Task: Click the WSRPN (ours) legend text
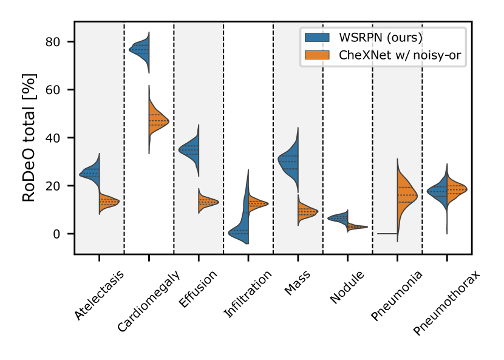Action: tap(381, 37)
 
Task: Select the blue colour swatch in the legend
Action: tap(318, 37)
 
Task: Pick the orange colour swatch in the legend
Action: tap(318, 56)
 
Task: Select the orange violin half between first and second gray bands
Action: tap(157, 119)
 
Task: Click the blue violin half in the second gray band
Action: tap(191, 149)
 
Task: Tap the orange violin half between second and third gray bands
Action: tap(255, 204)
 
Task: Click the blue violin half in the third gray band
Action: tap(290, 160)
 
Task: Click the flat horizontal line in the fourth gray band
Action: tap(387, 233)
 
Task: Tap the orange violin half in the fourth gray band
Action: tap(405, 195)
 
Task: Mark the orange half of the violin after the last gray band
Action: tap(455, 190)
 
